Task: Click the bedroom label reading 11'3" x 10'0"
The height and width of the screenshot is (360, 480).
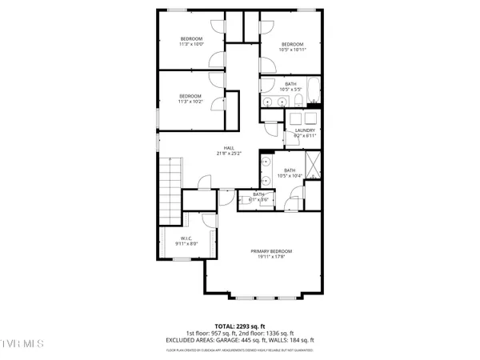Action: (190, 42)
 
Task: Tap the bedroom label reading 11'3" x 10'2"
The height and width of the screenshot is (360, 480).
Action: (190, 98)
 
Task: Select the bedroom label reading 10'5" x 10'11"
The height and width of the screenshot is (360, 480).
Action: (291, 47)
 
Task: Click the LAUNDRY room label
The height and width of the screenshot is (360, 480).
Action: (306, 133)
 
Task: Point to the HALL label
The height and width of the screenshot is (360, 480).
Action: (228, 150)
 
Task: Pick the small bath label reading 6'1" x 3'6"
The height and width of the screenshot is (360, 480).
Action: (259, 196)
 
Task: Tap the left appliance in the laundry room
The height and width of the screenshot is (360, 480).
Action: (295, 117)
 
